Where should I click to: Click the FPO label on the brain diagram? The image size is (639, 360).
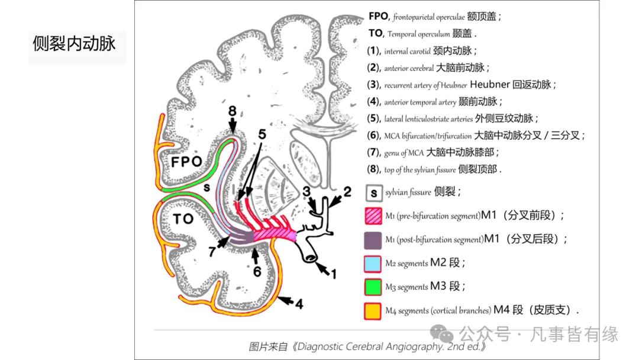pyautogui.click(x=186, y=162)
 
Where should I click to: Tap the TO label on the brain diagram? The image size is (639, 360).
pyautogui.click(x=183, y=218)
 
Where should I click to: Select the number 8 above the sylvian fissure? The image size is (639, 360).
pyautogui.click(x=232, y=111)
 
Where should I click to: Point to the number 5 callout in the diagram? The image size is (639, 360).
pyautogui.click(x=261, y=134)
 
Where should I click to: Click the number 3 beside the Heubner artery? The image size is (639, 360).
pyautogui.click(x=306, y=191)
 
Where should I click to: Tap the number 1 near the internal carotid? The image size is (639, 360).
pyautogui.click(x=333, y=274)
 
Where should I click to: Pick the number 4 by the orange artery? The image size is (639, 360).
pyautogui.click(x=299, y=305)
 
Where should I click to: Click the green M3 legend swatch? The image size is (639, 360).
pyautogui.click(x=373, y=287)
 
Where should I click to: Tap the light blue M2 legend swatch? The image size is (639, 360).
pyautogui.click(x=373, y=263)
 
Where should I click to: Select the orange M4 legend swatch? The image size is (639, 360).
pyautogui.click(x=373, y=310)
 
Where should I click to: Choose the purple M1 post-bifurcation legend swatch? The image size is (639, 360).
pyautogui.click(x=373, y=239)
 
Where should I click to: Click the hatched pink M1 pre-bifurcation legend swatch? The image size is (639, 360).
pyautogui.click(x=373, y=216)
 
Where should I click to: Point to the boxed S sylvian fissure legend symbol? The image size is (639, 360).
pyautogui.click(x=373, y=192)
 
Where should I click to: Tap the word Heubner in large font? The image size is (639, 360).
pyautogui.click(x=491, y=85)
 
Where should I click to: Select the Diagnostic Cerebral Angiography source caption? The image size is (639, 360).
pyautogui.click(x=367, y=346)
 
